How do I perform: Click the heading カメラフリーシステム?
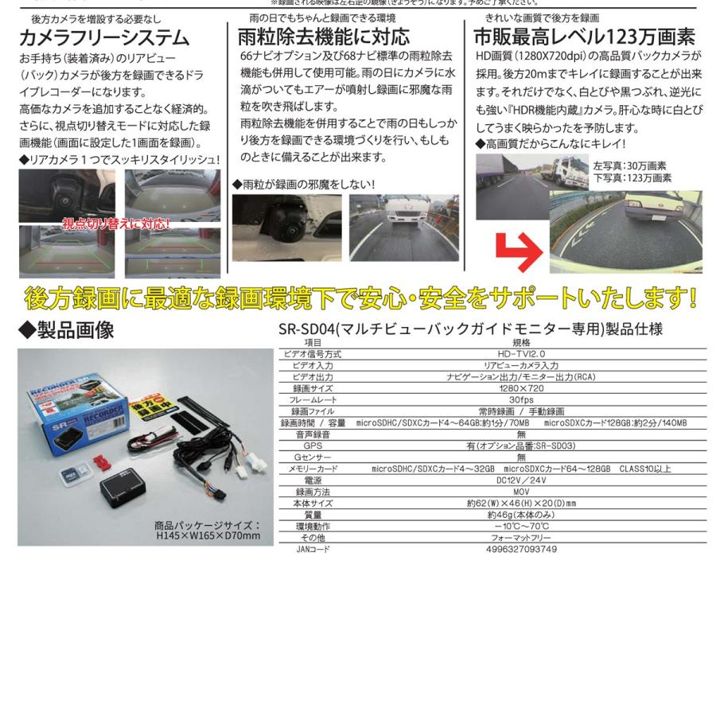[x=104, y=37]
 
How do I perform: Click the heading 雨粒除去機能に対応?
[x=325, y=37]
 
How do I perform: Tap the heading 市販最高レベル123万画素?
[x=584, y=37]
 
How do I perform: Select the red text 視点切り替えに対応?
[x=116, y=224]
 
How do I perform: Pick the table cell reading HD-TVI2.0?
[x=521, y=354]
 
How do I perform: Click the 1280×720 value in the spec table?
[x=521, y=388]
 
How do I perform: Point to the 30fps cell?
[x=521, y=400]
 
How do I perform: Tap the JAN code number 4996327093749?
[x=521, y=550]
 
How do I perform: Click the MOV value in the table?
[x=521, y=492]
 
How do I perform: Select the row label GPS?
[x=313, y=446]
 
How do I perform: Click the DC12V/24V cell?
[x=521, y=481]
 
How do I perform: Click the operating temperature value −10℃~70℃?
[x=521, y=527]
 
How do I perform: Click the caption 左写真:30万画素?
[x=629, y=166]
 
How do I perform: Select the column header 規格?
[x=521, y=342]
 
